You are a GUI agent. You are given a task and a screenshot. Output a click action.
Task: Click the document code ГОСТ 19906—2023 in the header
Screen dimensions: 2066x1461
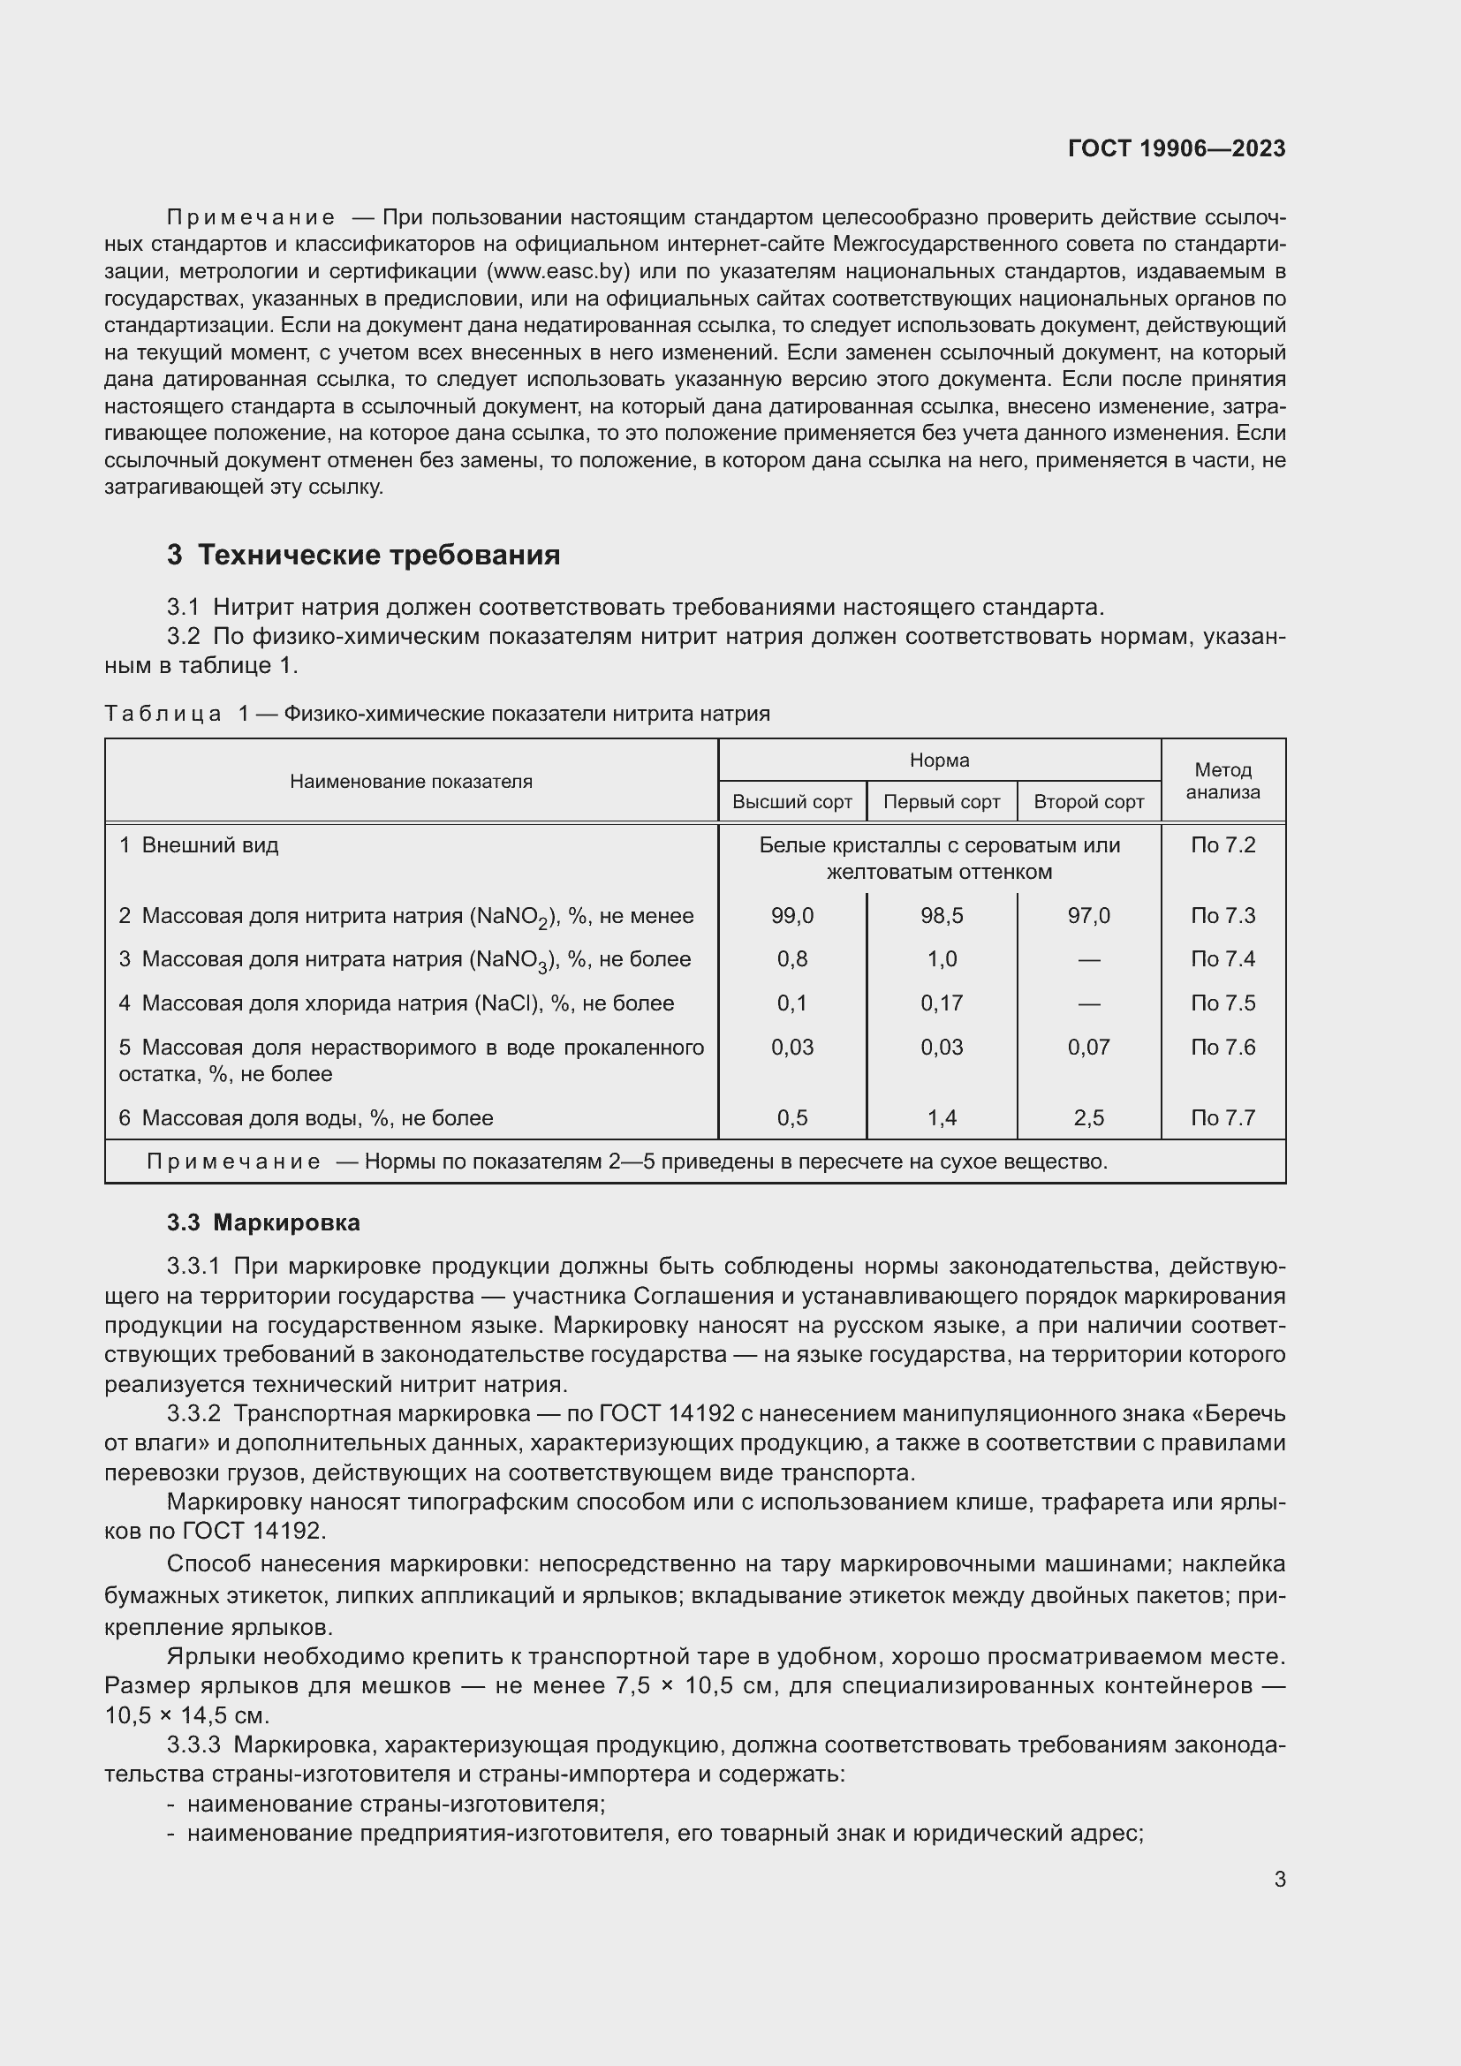tap(1176, 148)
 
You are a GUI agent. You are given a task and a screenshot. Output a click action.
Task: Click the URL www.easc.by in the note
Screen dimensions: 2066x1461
tap(557, 272)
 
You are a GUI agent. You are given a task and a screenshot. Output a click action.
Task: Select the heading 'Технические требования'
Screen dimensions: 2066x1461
tap(378, 556)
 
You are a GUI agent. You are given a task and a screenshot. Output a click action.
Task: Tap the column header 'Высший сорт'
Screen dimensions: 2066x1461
tap(791, 802)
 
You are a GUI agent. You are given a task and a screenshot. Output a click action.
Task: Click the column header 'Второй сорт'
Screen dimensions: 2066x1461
tap(1088, 802)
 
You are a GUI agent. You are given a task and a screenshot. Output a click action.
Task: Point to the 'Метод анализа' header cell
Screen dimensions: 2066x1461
tap(1223, 781)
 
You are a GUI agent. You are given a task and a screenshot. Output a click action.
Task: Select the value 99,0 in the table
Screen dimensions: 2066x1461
tap(791, 916)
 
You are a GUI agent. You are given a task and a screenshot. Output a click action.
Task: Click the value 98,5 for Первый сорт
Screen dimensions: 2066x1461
tap(941, 916)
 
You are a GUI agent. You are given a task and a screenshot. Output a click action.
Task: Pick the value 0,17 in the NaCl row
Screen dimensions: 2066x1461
tap(941, 1003)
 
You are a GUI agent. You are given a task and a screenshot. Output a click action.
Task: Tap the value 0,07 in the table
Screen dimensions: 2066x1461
tap(1088, 1048)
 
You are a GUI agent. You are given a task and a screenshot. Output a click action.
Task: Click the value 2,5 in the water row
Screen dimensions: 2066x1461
tap(1088, 1118)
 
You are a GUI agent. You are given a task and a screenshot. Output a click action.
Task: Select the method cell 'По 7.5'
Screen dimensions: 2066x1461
tap(1223, 1003)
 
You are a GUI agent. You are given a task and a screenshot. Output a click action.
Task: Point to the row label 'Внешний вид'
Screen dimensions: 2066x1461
tap(209, 846)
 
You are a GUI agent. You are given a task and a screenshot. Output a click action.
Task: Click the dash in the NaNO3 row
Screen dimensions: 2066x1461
tap(1088, 960)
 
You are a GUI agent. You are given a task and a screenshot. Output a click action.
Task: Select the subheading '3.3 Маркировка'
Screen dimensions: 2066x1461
tap(262, 1222)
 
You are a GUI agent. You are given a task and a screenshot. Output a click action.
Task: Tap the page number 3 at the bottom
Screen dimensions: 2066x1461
tap(1279, 1880)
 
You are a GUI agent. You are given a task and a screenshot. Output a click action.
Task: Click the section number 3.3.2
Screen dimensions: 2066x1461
tap(193, 1413)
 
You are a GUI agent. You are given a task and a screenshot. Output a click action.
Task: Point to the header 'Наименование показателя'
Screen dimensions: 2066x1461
tap(410, 782)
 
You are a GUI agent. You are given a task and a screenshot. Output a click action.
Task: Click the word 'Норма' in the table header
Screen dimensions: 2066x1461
tap(939, 761)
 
